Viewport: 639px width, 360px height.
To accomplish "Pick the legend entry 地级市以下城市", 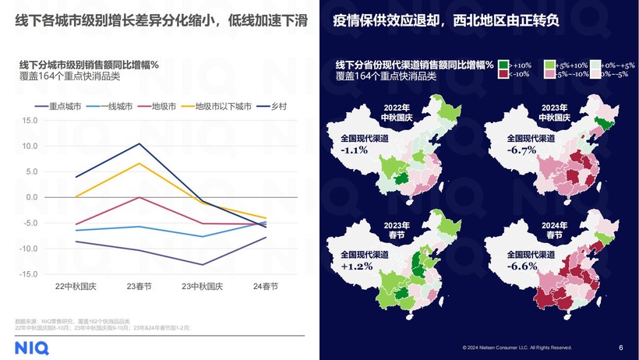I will click(x=222, y=106).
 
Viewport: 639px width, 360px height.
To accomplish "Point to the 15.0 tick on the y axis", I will click(x=30, y=120).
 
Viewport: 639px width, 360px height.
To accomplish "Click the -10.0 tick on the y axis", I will click(x=29, y=249).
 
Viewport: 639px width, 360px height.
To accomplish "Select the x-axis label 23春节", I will click(x=139, y=286).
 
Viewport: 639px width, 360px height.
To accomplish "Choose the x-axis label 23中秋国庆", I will click(x=203, y=286).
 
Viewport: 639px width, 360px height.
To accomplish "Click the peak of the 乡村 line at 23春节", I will click(x=139, y=143).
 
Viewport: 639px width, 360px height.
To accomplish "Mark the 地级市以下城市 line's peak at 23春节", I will click(x=139, y=163).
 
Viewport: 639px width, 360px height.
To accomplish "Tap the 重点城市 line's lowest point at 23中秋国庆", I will click(x=203, y=265).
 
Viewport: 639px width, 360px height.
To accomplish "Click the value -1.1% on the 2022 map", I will click(x=355, y=150).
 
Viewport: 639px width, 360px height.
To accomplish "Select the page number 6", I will click(x=620, y=347).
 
